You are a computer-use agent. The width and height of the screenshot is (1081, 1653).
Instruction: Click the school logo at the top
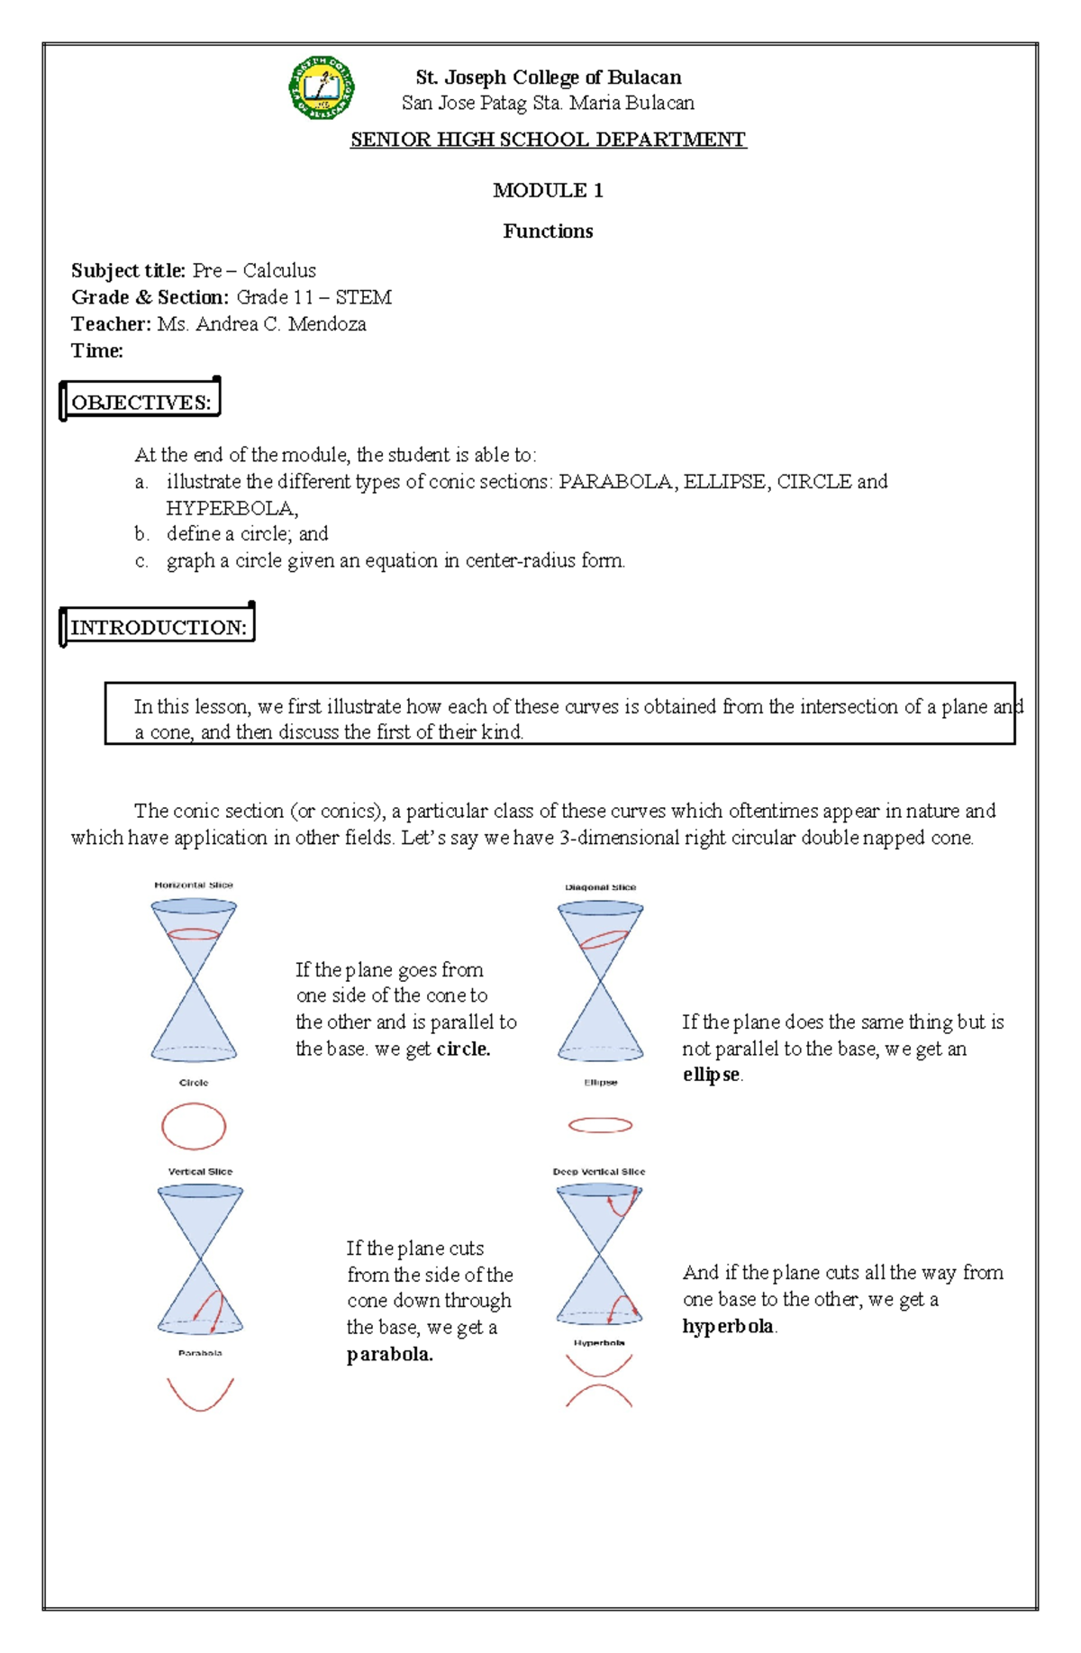322,88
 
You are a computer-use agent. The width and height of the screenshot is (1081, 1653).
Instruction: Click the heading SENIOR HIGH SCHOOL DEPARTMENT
548,140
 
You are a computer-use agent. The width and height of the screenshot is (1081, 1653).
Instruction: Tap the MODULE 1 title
548,190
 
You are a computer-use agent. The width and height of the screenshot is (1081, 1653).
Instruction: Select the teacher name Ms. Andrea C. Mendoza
261,324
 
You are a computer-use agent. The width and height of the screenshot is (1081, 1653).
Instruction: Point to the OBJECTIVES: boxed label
141,402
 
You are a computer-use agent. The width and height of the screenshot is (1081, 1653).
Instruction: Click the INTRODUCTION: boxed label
158,627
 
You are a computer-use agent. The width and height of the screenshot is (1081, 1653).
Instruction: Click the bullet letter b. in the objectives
141,534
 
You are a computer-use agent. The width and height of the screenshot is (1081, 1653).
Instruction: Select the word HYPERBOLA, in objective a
232,508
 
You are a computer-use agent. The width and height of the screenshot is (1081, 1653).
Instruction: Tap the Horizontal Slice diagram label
194,885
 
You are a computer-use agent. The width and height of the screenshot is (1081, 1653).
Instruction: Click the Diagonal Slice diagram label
600,887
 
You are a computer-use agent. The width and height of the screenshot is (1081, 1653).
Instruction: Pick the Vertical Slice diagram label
200,1172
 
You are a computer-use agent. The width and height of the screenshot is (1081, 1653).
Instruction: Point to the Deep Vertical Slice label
599,1172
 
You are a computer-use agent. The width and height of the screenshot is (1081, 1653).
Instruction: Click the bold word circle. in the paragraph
463,1049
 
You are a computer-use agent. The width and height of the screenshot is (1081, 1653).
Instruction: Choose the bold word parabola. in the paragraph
389,1354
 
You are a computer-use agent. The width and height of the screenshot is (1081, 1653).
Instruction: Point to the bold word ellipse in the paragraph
711,1075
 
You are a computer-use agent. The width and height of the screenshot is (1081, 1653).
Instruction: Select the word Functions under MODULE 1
548,232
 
